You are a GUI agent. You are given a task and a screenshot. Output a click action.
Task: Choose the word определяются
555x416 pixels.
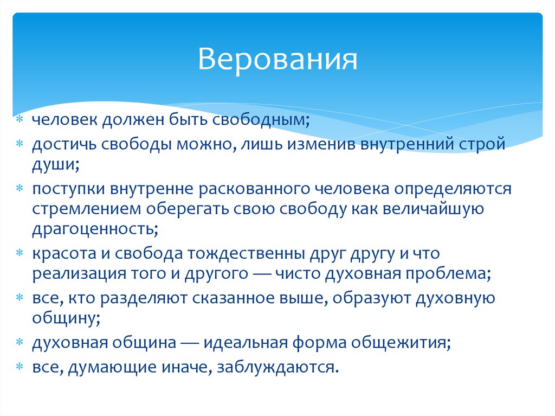(453, 189)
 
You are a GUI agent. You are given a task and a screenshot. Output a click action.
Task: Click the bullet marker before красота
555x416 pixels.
(20, 253)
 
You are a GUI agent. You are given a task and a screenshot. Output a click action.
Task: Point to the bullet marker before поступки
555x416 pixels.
(20, 189)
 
